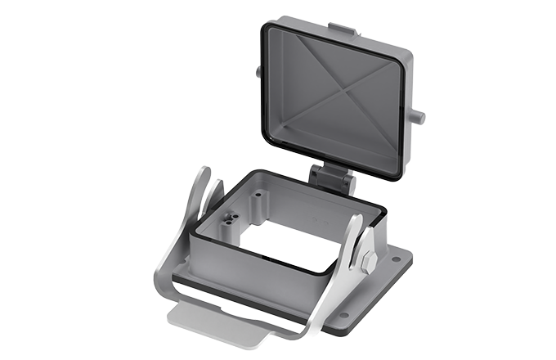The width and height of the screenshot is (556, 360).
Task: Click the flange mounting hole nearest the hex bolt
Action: [x=397, y=261]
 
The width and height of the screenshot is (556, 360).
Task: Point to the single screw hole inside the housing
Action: [x=259, y=196]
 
